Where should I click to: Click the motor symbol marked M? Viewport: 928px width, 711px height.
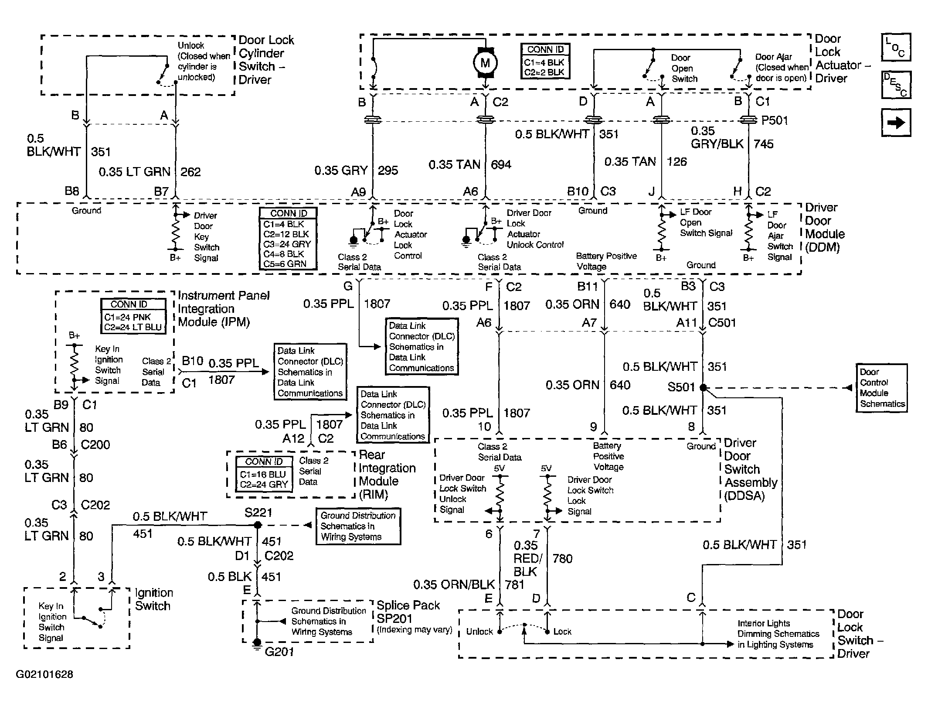coord(485,63)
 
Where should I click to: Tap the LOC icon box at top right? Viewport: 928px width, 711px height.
coord(896,47)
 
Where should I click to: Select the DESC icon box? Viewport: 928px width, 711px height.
coord(896,85)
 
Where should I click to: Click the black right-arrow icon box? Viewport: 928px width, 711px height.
coord(896,123)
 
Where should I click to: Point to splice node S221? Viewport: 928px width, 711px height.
coord(258,525)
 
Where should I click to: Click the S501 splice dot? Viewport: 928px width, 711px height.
coord(703,387)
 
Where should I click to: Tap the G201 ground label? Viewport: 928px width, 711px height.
coord(279,652)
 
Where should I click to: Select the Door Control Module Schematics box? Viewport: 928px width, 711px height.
coord(882,388)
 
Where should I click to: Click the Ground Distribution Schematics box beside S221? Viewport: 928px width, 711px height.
coord(358,526)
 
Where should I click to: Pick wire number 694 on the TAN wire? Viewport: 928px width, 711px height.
coord(501,164)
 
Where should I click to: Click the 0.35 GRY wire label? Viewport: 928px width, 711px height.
coord(341,170)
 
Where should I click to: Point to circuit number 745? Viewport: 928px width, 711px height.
coord(763,144)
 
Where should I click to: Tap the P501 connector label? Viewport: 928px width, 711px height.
coord(775,120)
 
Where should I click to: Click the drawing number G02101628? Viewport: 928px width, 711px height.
coord(44,674)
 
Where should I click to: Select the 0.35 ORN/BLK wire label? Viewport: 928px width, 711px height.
coord(454,584)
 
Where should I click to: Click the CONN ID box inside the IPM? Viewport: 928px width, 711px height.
coord(133,316)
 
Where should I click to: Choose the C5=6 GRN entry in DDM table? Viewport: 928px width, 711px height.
coord(285,263)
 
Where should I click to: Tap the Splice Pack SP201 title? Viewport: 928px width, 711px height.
coord(408,612)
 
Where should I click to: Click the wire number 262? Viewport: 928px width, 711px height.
coord(190,172)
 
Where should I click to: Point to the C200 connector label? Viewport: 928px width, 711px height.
coord(95,444)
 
